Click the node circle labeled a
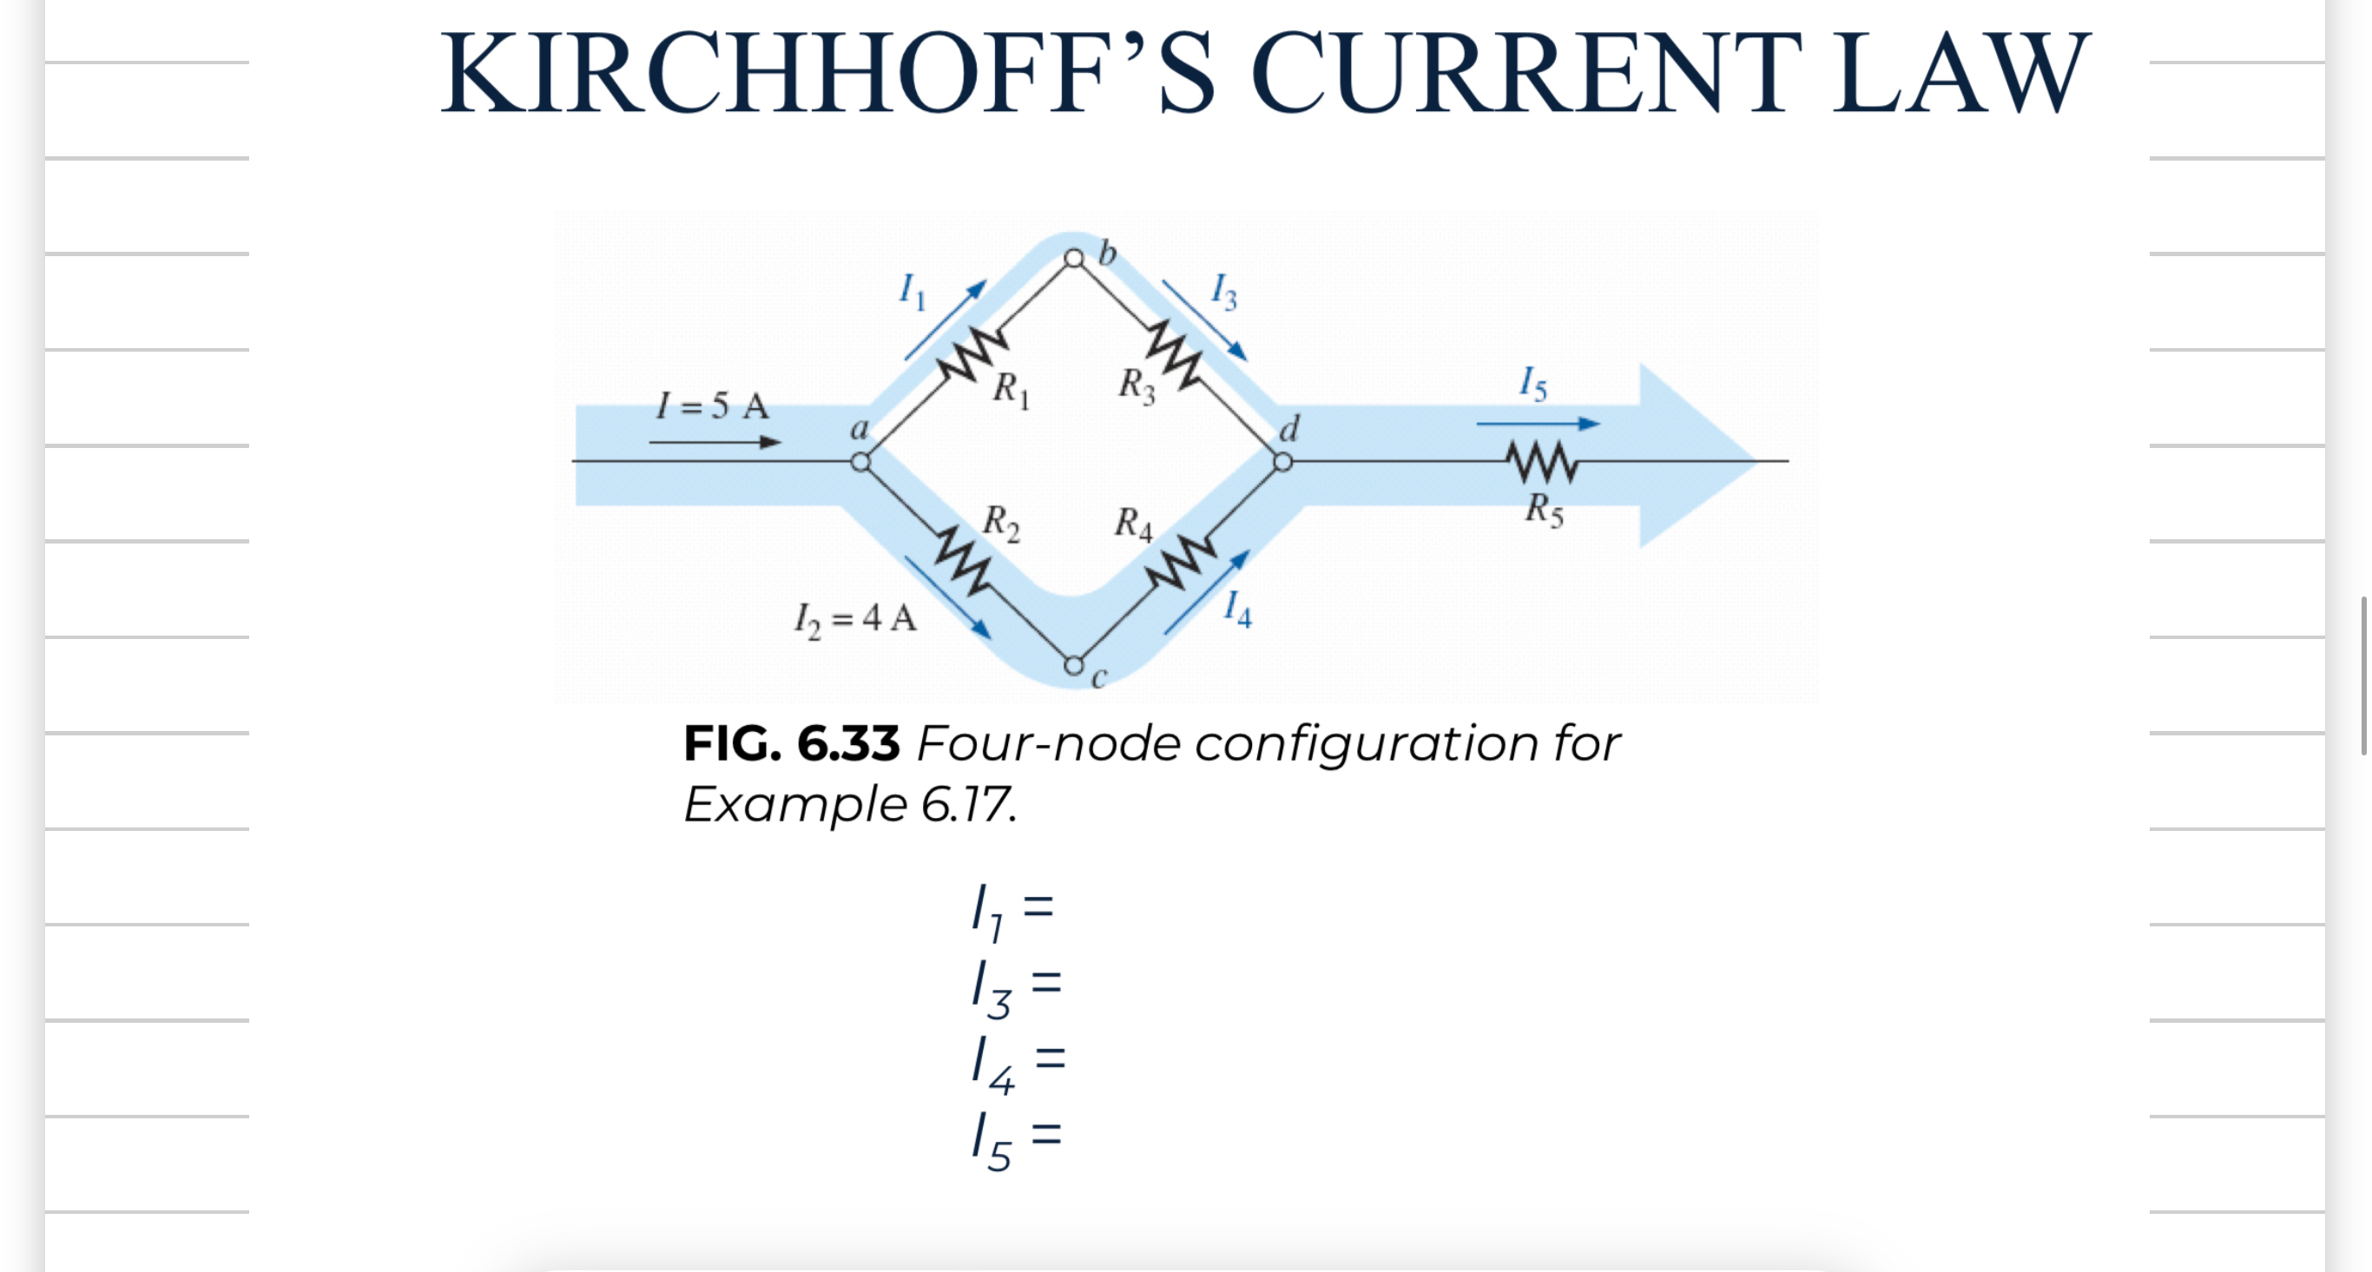[860, 461]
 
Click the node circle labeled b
[1074, 258]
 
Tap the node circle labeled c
[1074, 665]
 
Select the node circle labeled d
[1282, 461]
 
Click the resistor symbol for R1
[972, 354]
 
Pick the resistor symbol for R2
[963, 560]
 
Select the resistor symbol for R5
[1541, 463]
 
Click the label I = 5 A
[713, 405]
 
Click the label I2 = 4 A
[855, 619]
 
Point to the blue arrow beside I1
[945, 320]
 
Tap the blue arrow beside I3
[1204, 320]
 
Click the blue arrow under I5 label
[1538, 424]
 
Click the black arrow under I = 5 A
[715, 442]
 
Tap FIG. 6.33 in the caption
[791, 743]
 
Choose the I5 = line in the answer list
[1017, 1139]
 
